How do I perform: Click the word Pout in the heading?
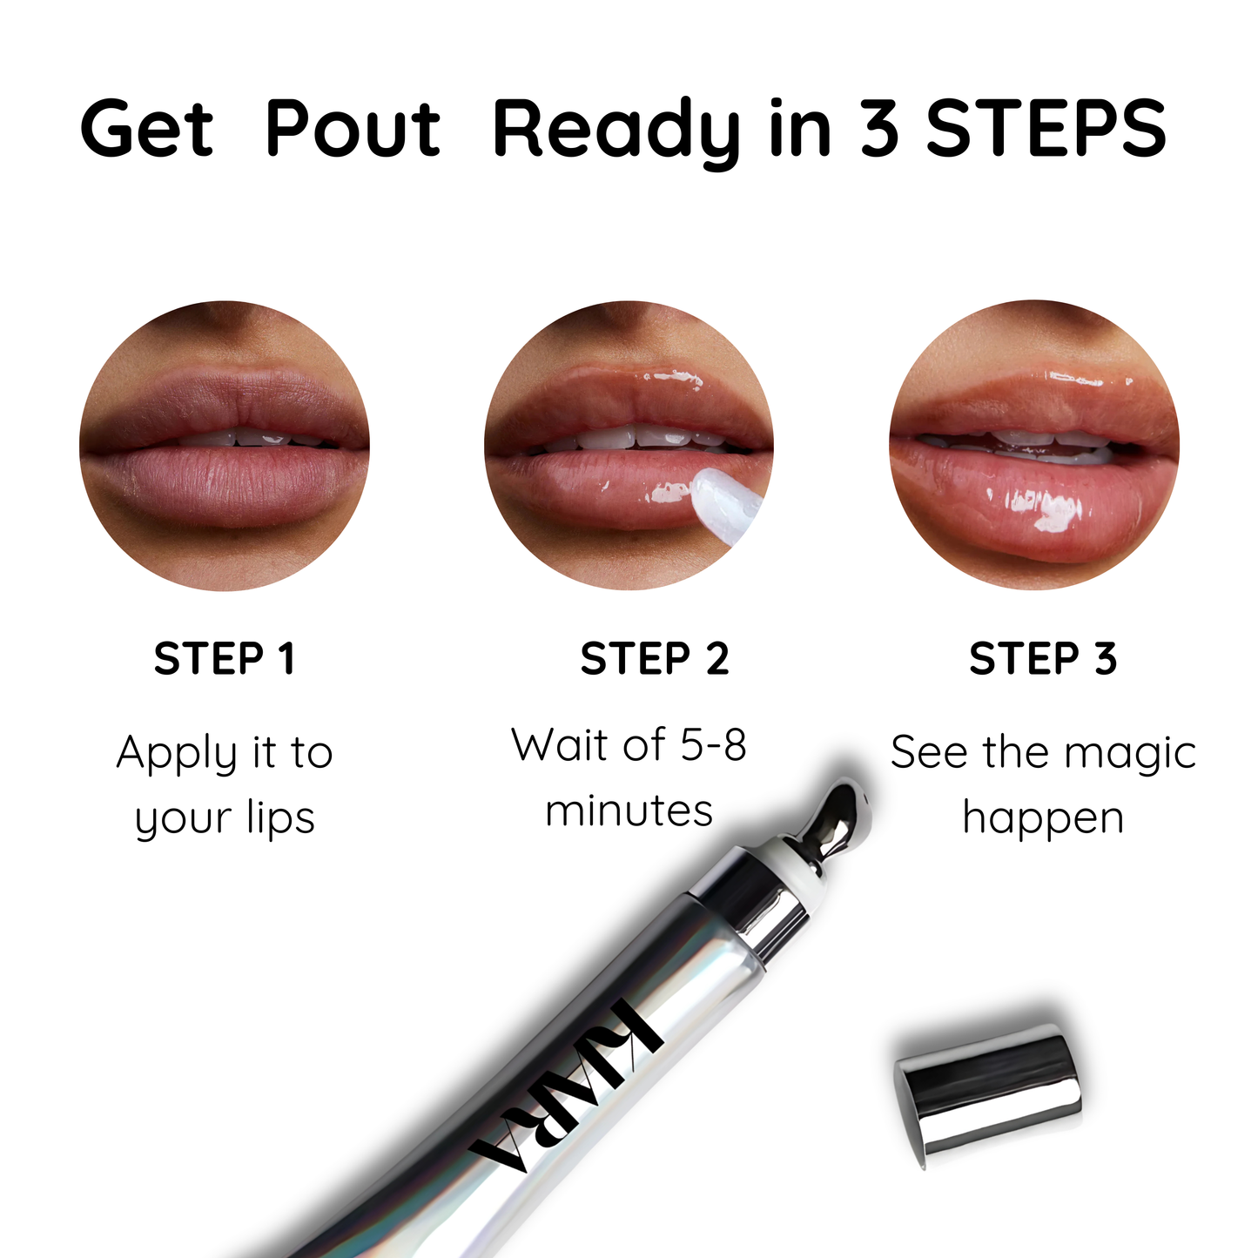[353, 130]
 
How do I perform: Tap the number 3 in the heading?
[879, 130]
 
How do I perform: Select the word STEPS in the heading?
[1046, 130]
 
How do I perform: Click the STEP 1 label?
[225, 659]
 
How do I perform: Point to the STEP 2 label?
[655, 659]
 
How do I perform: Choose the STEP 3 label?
[1043, 659]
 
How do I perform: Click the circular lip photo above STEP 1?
[225, 446]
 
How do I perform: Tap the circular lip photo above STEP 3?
[1034, 446]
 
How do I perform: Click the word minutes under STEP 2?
[629, 811]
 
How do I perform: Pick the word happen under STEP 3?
[1043, 819]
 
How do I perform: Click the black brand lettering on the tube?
[566, 1097]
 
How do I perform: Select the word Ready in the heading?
[616, 130]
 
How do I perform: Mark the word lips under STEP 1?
[280, 819]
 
